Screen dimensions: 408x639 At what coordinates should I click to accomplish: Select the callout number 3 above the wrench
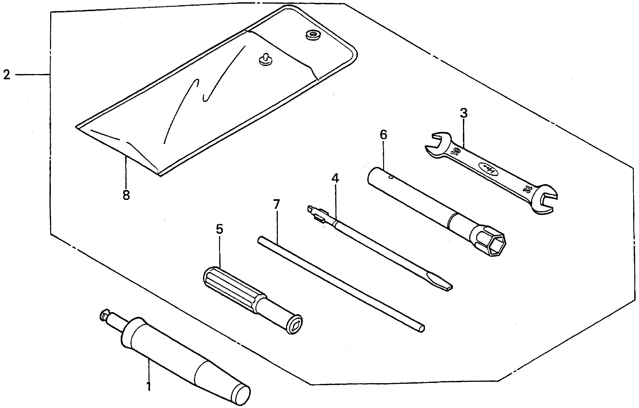tap(463, 113)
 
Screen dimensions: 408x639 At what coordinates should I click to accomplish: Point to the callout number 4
tap(335, 178)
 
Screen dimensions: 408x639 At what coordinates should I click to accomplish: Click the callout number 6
tap(383, 135)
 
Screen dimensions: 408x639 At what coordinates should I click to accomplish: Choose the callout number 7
tap(276, 204)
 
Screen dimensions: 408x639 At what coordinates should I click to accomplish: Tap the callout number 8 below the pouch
tap(126, 195)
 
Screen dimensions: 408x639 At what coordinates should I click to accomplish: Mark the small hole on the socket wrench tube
tap(390, 178)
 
